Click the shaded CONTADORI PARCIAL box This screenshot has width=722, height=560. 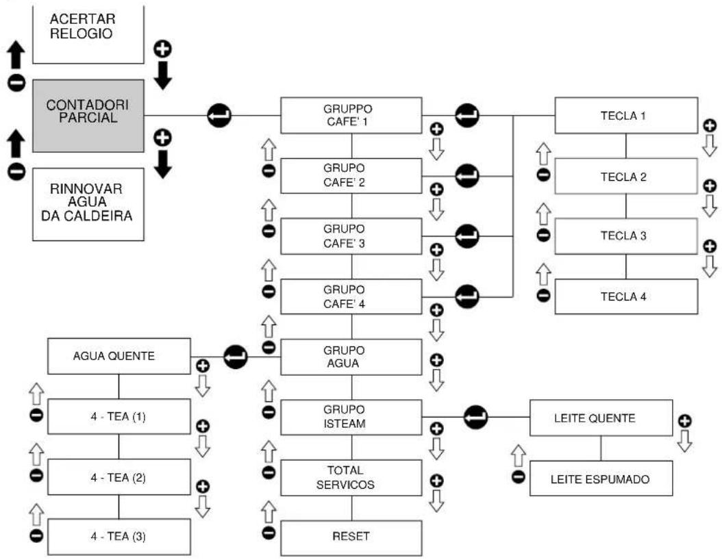(88, 116)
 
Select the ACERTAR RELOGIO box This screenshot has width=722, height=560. (88, 34)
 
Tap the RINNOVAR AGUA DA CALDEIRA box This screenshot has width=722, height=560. (88, 204)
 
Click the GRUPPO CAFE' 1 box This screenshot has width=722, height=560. (351, 116)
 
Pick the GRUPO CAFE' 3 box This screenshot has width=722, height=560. (351, 236)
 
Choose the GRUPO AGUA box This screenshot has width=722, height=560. (351, 357)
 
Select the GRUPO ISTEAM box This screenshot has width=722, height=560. (351, 418)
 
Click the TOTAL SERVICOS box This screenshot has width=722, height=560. (351, 478)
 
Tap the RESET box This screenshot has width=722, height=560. (351, 538)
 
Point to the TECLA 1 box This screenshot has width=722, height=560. (626, 116)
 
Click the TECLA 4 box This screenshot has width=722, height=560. (626, 296)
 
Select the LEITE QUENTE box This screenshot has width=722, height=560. (601, 418)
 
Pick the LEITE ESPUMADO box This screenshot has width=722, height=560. (601, 479)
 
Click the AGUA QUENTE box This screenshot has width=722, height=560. (119, 356)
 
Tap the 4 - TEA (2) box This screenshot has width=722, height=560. (119, 476)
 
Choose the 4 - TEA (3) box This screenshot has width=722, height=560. (119, 537)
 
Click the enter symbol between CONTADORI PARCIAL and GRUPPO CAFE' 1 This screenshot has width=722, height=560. (219, 116)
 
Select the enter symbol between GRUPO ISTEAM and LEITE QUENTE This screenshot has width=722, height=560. (475, 418)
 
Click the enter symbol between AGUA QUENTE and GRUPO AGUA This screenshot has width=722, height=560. (236, 357)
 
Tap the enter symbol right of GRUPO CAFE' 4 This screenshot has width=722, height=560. (467, 296)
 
